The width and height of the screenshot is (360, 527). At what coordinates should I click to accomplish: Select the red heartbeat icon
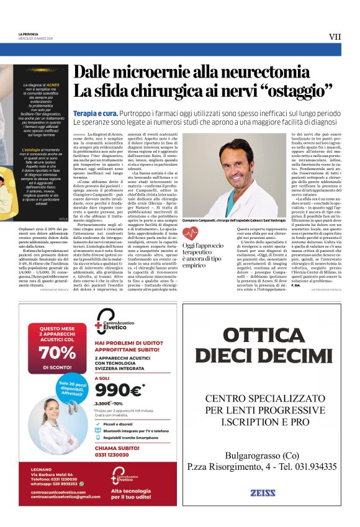pos(191,233)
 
